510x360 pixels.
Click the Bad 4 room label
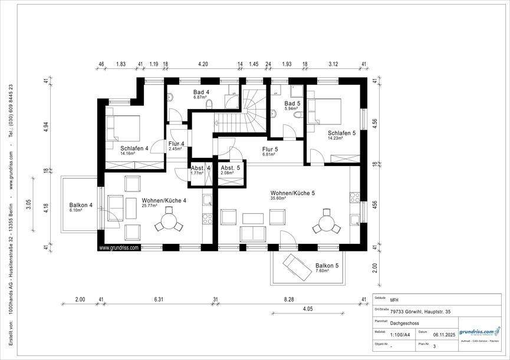[202, 93]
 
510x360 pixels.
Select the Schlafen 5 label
[342, 134]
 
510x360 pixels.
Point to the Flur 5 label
[270, 150]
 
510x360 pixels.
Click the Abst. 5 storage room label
[230, 168]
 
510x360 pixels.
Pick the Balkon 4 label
[81, 205]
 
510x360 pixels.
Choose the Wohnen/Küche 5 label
[292, 193]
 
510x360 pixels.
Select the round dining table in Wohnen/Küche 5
[325, 224]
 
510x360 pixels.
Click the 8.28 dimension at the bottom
[288, 299]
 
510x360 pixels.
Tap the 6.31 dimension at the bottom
[159, 299]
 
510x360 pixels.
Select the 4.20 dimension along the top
[203, 63]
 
